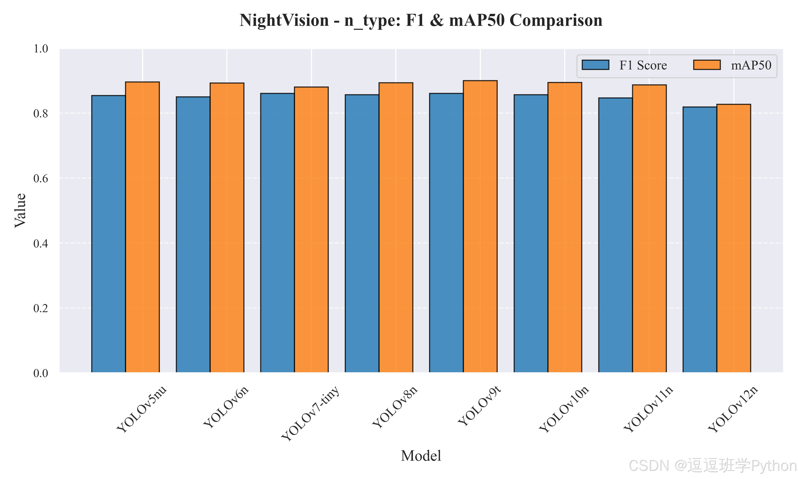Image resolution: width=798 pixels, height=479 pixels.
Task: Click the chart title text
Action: pyautogui.click(x=421, y=20)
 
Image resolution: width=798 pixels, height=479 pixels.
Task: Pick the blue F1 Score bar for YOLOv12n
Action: pyautogui.click(x=700, y=240)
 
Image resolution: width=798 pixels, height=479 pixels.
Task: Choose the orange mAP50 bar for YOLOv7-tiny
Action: pyautogui.click(x=311, y=229)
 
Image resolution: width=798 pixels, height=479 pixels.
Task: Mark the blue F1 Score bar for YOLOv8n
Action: pyautogui.click(x=362, y=233)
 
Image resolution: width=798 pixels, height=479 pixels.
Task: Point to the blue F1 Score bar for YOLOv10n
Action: pyautogui.click(x=531, y=233)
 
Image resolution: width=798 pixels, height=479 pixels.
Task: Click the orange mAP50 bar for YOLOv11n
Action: pyautogui.click(x=649, y=229)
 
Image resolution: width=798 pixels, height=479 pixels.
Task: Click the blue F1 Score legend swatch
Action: pyautogui.click(x=595, y=65)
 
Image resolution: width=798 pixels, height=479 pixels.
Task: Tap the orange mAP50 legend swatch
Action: pyautogui.click(x=707, y=65)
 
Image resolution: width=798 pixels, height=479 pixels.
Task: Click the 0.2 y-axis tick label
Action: pyautogui.click(x=41, y=308)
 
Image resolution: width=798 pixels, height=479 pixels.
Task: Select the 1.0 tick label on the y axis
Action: pyautogui.click(x=41, y=49)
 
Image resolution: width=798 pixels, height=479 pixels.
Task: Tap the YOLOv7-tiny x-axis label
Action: pyautogui.click(x=310, y=413)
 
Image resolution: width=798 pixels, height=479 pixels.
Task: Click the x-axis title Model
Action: pyautogui.click(x=421, y=456)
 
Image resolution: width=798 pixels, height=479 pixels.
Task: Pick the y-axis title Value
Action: pyautogui.click(x=20, y=210)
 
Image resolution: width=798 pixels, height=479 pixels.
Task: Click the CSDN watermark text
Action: pyautogui.click(x=713, y=466)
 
